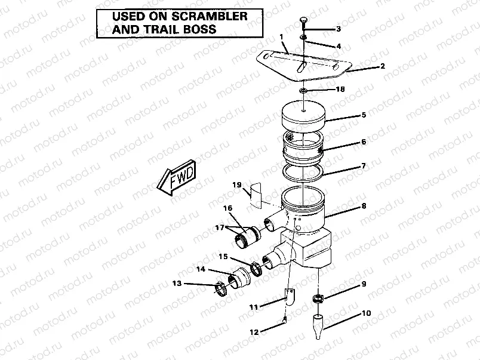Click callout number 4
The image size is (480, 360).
pyautogui.click(x=339, y=46)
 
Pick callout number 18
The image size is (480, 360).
pyautogui.click(x=340, y=90)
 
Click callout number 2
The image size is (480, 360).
pyautogui.click(x=382, y=66)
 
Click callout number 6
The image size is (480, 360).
pyautogui.click(x=363, y=143)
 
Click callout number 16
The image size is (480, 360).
pyautogui.click(x=227, y=208)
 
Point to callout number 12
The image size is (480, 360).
pyautogui.click(x=254, y=332)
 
